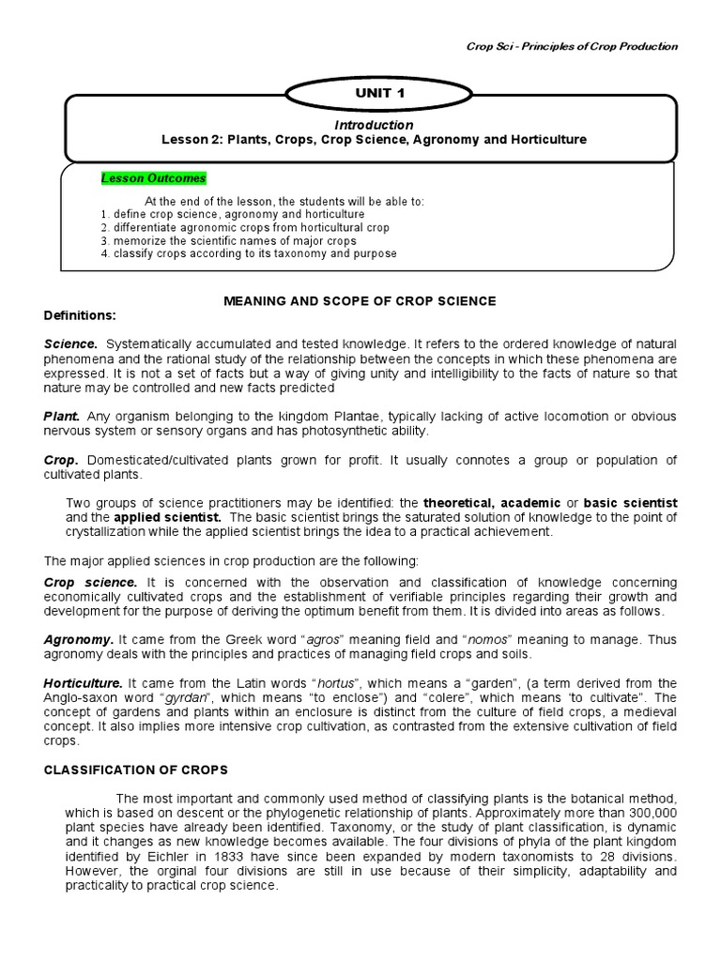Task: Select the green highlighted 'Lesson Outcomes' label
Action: (x=153, y=178)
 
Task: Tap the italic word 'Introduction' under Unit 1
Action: (x=374, y=125)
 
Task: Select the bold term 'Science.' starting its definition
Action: (x=71, y=344)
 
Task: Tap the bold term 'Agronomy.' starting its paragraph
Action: (x=79, y=639)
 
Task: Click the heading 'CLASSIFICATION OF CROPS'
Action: (x=136, y=770)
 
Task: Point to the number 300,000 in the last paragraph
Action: (x=646, y=813)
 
